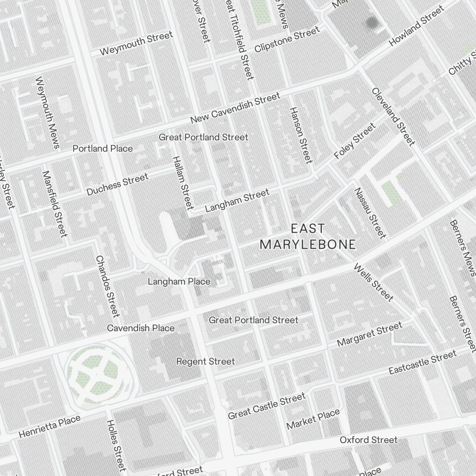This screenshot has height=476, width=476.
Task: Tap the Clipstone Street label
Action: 287,40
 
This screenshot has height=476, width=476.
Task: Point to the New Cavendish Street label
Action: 235,108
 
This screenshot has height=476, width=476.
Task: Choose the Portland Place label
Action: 102,149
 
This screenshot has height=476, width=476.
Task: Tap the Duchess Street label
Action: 117,185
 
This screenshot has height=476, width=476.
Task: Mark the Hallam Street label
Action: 182,183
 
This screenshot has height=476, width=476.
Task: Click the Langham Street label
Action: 237,200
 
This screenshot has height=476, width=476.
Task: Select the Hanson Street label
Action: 301,135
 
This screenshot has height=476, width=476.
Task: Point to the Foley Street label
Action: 355,141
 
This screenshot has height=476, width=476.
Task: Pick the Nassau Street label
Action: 369,213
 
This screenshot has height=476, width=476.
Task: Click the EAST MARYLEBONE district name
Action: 307,237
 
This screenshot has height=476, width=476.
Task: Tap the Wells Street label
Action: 374,282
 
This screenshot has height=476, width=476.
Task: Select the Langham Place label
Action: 178,281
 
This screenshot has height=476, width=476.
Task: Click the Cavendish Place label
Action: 140,328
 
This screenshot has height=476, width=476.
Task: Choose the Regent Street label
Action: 205,361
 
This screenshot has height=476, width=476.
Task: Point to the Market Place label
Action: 313,418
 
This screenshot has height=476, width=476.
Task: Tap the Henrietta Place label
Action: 50,427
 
